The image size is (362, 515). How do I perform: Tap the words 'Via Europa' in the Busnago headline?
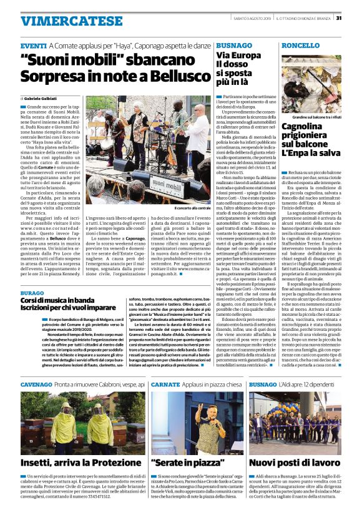click(238, 56)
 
